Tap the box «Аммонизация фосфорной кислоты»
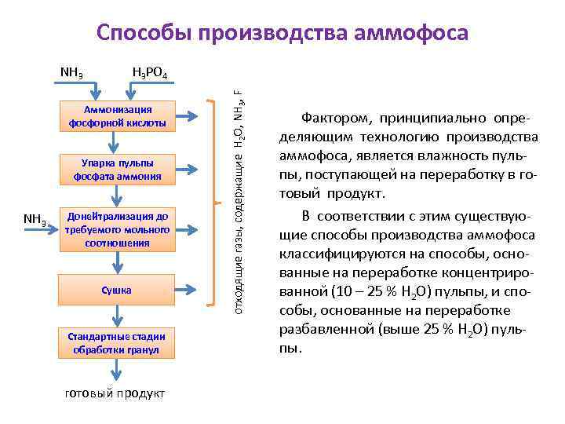click(116, 116)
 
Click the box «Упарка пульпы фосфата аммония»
click(116, 170)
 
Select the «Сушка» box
click(116, 291)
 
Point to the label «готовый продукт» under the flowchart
click(114, 393)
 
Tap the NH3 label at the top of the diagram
click(73, 74)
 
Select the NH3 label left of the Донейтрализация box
click(35, 218)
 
